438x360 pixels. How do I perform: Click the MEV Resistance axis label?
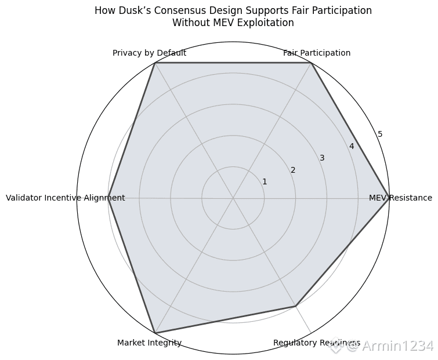[400, 198]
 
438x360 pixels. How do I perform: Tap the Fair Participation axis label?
[317, 53]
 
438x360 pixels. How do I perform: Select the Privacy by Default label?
[149, 53]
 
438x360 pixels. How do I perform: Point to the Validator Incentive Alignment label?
[65, 198]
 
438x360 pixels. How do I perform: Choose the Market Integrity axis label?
[149, 343]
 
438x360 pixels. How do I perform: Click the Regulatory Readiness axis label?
[316, 343]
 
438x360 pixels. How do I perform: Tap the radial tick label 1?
[265, 182]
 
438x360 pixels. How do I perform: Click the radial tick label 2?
[293, 170]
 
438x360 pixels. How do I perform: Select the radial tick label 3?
[322, 158]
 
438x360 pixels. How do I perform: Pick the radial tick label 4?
[351, 147]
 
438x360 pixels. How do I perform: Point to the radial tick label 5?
[380, 134]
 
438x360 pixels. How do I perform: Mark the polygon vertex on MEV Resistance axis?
[389, 198]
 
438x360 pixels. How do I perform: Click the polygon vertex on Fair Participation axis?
[312, 63]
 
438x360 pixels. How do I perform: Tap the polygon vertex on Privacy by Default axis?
[155, 63]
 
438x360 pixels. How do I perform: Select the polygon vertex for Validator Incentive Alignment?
[108, 198]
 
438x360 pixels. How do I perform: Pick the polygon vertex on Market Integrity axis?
[155, 333]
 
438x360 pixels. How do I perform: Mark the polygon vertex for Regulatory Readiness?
[296, 306]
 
